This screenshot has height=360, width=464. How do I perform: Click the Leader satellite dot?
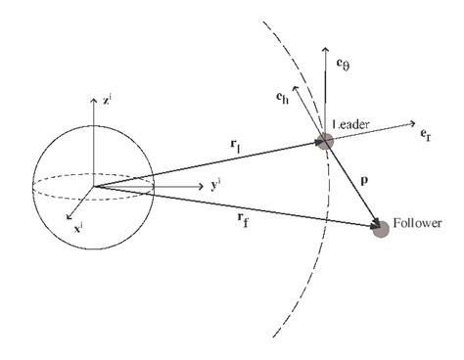coord(324,142)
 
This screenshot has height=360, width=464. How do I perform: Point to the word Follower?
coord(419,223)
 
